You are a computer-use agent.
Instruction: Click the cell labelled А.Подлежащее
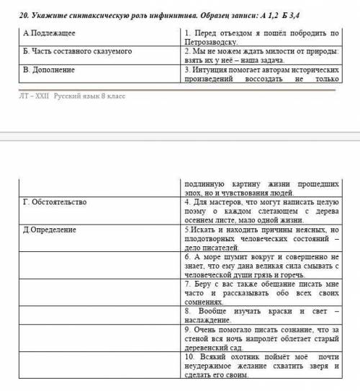click(x=50, y=34)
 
